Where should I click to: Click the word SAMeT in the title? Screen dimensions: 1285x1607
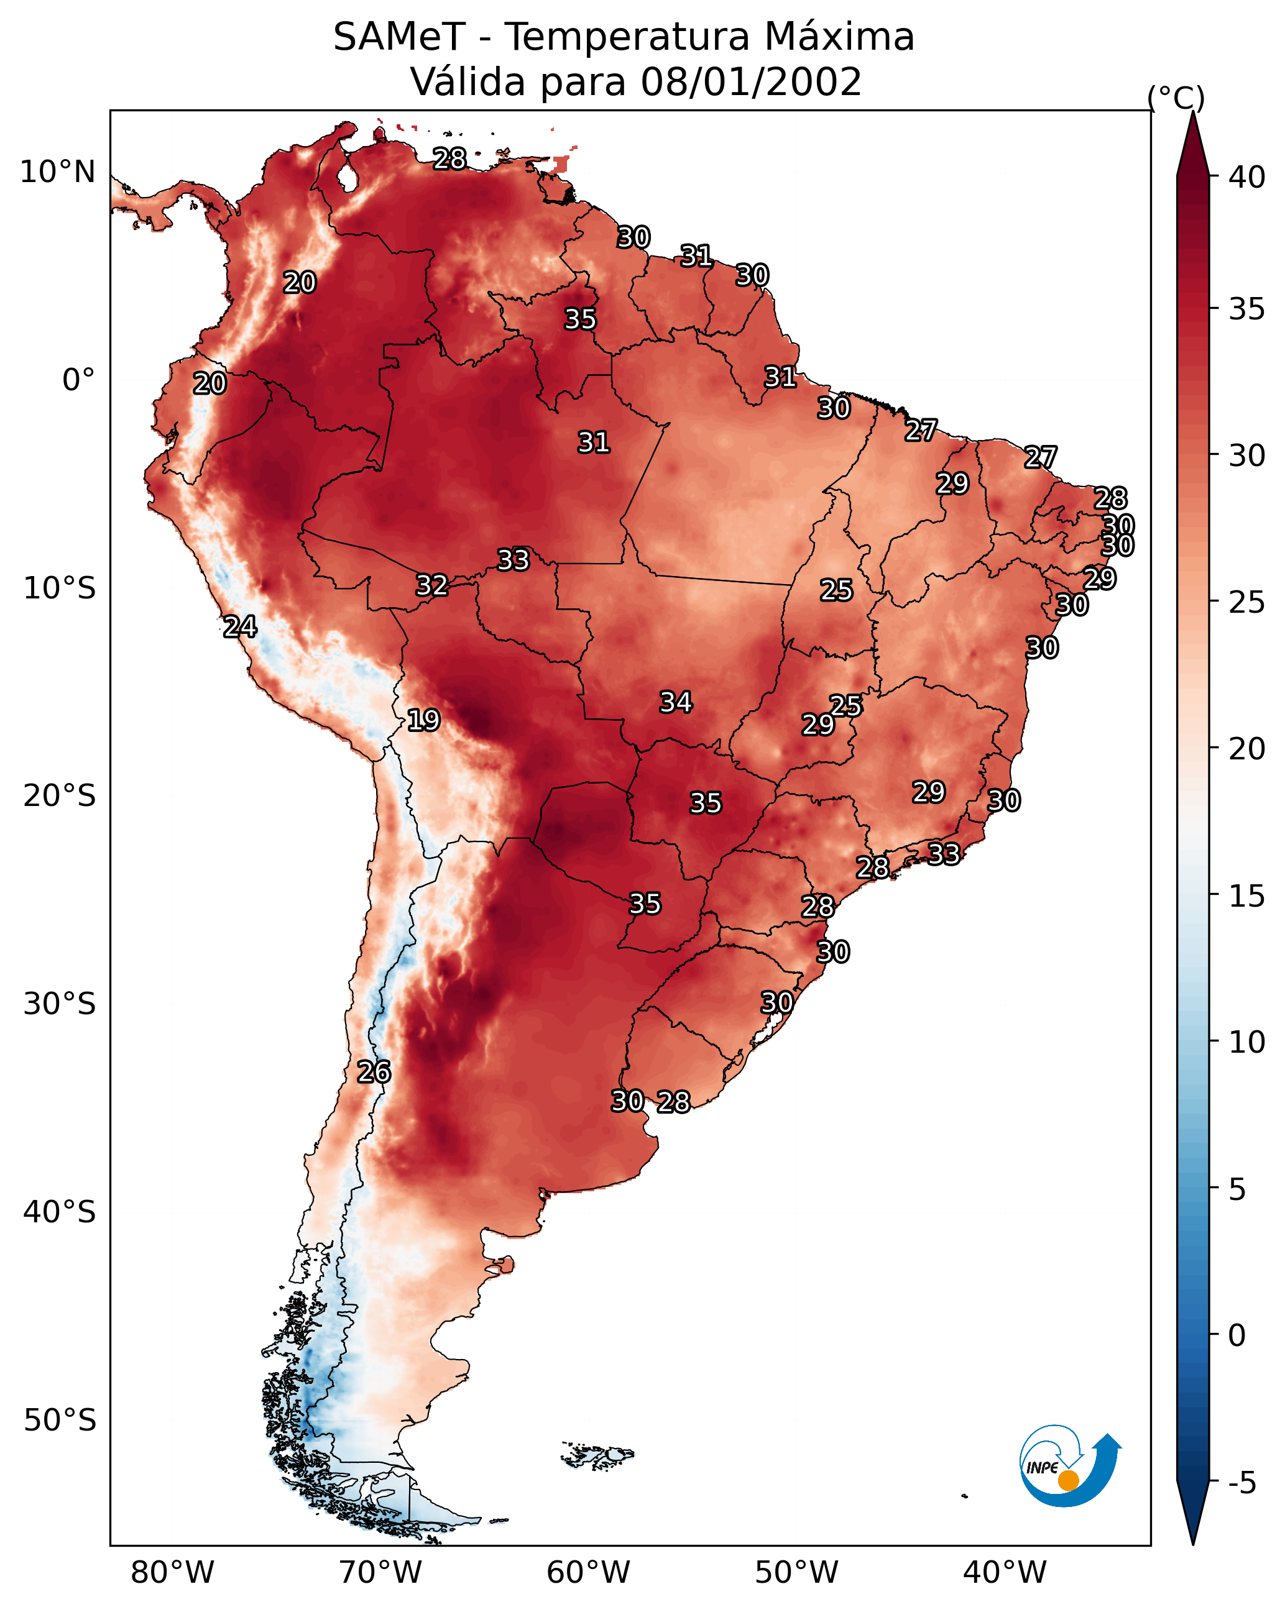point(399,37)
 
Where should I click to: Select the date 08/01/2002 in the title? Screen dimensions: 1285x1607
point(751,82)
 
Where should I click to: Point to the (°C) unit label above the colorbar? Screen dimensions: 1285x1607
point(1176,98)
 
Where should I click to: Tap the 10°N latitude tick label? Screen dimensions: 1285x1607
point(57,172)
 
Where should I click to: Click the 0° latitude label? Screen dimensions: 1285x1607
point(78,380)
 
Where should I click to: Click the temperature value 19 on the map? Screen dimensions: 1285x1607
point(423,720)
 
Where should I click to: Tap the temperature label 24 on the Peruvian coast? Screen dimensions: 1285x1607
point(240,627)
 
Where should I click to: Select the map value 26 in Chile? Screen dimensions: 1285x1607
point(374,1072)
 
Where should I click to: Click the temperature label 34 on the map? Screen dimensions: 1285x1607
point(676,702)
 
